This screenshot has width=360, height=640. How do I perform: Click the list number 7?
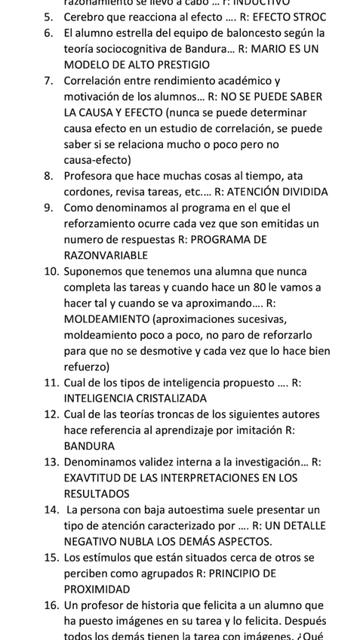48,81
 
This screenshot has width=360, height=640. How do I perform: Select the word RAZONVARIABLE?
106,255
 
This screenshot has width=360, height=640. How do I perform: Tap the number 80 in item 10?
241,288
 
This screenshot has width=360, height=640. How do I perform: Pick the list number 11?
51,383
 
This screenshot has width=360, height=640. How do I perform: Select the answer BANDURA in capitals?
89,446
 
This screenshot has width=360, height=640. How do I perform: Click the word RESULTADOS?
97,494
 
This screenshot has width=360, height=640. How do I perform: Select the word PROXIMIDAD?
97,589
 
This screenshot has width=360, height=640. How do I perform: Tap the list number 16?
51,605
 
